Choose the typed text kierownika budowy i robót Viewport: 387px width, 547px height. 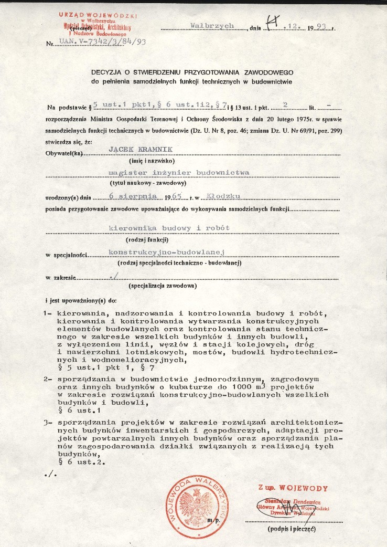(x=168, y=228)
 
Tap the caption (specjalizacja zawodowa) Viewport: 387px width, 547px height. (x=163, y=286)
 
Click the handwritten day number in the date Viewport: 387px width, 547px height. (x=272, y=24)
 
